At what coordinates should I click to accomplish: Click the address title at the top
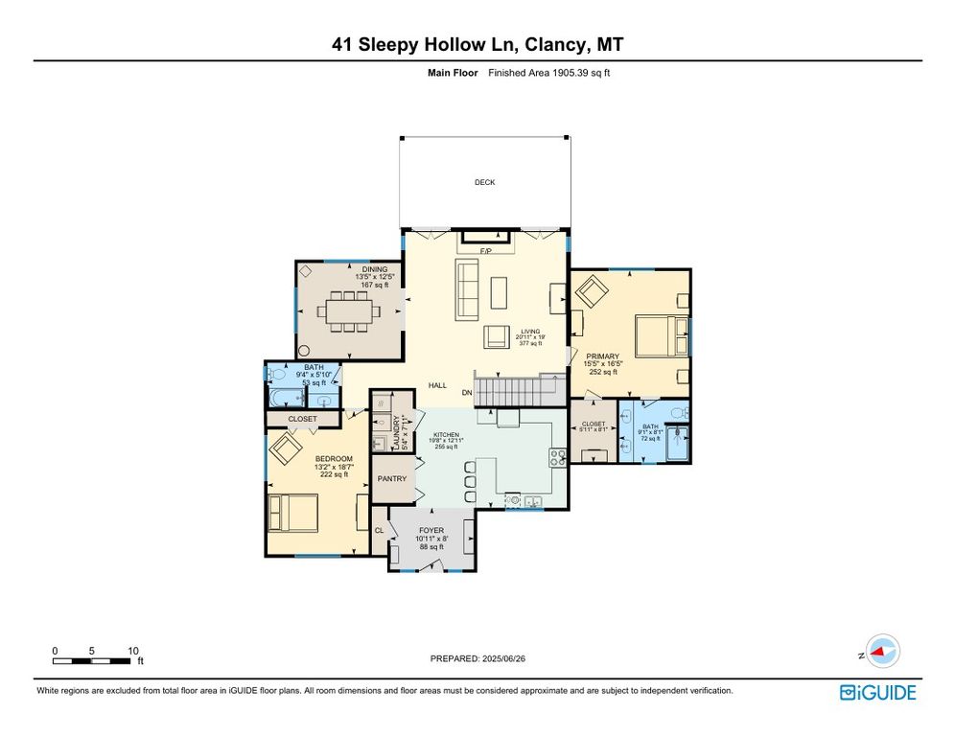point(477,44)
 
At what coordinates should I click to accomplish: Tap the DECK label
point(484,182)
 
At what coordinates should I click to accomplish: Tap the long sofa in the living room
point(467,289)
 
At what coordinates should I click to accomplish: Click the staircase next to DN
point(519,391)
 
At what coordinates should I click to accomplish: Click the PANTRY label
point(392,478)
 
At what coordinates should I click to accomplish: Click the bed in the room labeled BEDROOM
point(293,512)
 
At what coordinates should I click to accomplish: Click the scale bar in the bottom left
point(93,660)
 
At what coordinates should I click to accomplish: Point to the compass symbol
point(879,652)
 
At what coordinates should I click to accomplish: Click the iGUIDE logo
point(877,692)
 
